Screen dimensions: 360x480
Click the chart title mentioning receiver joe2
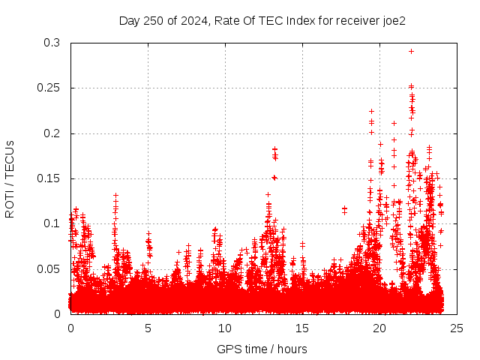[262, 21]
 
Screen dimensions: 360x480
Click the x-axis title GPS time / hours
[262, 349]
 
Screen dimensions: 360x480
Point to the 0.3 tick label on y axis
[52, 43]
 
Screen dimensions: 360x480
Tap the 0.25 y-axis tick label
[49, 88]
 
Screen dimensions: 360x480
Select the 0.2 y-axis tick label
[52, 133]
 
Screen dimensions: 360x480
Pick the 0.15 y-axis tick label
[49, 178]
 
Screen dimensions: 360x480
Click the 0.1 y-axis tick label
[52, 223]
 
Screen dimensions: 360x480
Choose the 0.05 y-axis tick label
[49, 268]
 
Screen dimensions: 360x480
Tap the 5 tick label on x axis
[148, 328]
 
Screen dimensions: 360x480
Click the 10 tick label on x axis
[225, 328]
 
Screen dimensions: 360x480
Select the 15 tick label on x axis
[302, 328]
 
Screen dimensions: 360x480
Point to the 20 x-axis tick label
[379, 328]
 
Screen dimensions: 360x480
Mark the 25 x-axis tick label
[457, 328]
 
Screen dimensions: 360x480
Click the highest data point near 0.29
[411, 51]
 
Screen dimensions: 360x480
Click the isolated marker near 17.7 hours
[344, 208]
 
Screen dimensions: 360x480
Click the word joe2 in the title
[392, 21]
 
